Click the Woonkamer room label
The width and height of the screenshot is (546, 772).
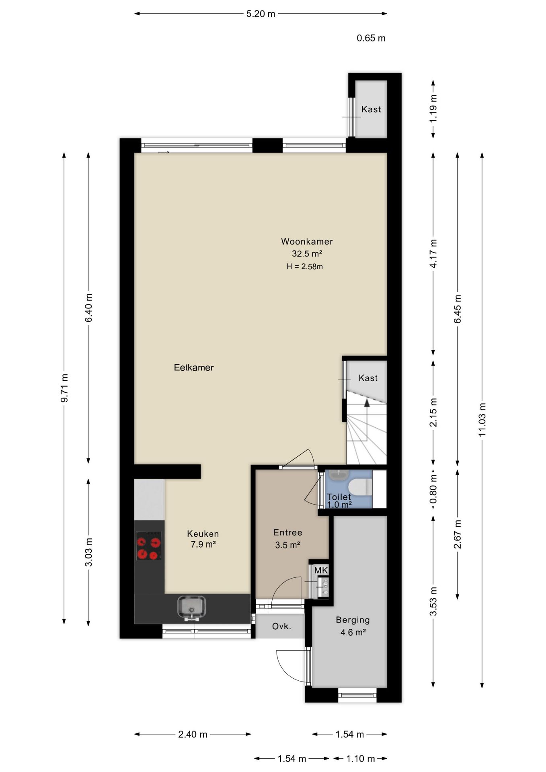click(307, 242)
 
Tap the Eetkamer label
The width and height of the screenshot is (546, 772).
click(194, 368)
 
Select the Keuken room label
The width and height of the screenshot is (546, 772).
click(203, 534)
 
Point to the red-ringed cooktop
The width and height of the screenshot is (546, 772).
click(148, 546)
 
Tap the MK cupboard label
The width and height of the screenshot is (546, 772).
click(321, 570)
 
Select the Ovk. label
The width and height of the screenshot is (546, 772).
click(281, 626)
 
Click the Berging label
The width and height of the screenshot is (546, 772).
click(353, 620)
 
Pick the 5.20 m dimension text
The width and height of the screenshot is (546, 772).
click(261, 14)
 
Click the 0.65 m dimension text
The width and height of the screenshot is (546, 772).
click(371, 38)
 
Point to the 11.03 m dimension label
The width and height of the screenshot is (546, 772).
click(482, 419)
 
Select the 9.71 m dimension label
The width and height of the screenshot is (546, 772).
click(64, 388)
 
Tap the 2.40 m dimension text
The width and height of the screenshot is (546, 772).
click(193, 735)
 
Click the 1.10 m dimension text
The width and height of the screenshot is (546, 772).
click(361, 759)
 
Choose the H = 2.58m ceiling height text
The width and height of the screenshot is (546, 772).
click(305, 266)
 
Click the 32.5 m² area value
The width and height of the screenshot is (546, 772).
click(307, 254)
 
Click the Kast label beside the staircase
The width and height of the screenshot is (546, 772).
click(368, 378)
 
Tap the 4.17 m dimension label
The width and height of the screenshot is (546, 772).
click(433, 254)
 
